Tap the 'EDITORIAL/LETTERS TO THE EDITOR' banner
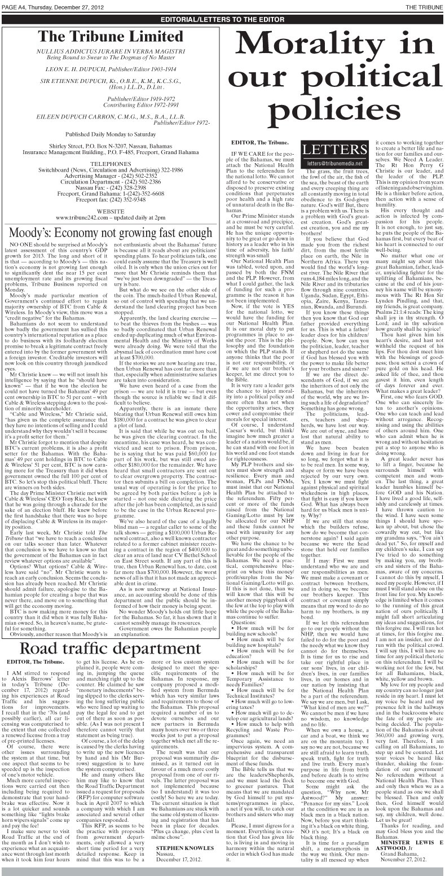pyautogui.click(x=222, y=19)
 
